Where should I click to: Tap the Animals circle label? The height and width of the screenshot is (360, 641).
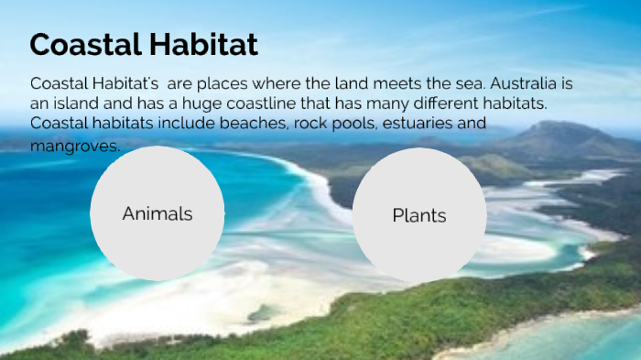pyautogui.click(x=158, y=213)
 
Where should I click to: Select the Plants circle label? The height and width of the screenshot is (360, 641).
pyautogui.click(x=419, y=216)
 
